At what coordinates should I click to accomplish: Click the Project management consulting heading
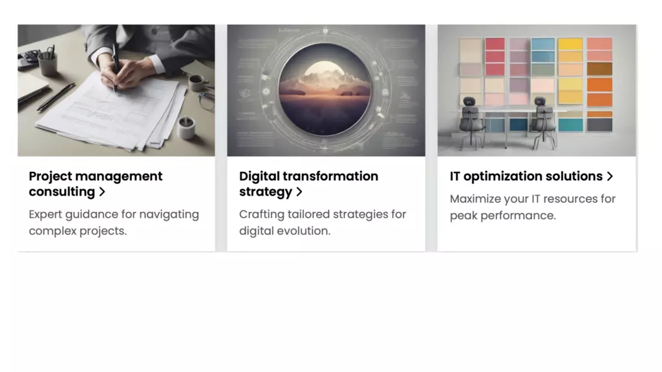point(96,184)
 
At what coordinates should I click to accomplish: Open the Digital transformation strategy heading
point(308,184)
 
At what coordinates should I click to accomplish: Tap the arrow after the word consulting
point(101,192)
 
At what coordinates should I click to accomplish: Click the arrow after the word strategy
point(299,192)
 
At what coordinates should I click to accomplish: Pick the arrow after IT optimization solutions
point(610,176)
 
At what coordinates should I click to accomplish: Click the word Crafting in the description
point(262,214)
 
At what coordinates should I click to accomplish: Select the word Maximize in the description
point(475,199)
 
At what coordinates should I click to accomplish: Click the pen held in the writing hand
point(115,67)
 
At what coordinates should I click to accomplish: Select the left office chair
point(471,121)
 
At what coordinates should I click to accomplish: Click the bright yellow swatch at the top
point(570,44)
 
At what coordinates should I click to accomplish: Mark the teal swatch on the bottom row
point(571,125)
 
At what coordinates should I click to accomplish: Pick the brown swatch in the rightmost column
point(599,68)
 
